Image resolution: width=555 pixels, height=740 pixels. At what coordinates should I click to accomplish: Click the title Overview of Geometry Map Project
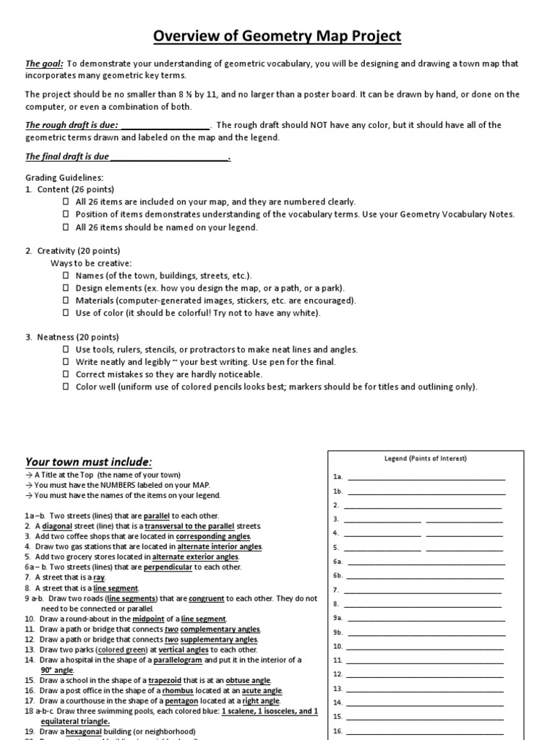pyautogui.click(x=277, y=36)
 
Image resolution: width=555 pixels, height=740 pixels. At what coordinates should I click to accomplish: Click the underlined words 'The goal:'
pyautogui.click(x=45, y=64)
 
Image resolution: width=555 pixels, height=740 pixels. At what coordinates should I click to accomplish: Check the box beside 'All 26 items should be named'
pyautogui.click(x=66, y=228)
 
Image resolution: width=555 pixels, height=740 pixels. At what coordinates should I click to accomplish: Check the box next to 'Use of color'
pyautogui.click(x=66, y=313)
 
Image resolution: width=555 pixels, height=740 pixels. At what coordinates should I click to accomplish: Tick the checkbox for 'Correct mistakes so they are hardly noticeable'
pyautogui.click(x=66, y=374)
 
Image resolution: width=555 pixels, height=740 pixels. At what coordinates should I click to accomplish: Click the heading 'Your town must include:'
pyautogui.click(x=89, y=462)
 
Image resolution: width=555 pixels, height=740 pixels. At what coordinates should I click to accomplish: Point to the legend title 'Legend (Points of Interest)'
pyautogui.click(x=425, y=458)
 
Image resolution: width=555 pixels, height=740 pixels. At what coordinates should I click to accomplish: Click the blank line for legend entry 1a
pyautogui.click(x=426, y=478)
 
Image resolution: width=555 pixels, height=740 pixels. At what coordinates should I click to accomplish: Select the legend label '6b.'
pyautogui.click(x=337, y=575)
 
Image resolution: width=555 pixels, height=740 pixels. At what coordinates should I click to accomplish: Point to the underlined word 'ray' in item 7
pyautogui.click(x=99, y=577)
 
